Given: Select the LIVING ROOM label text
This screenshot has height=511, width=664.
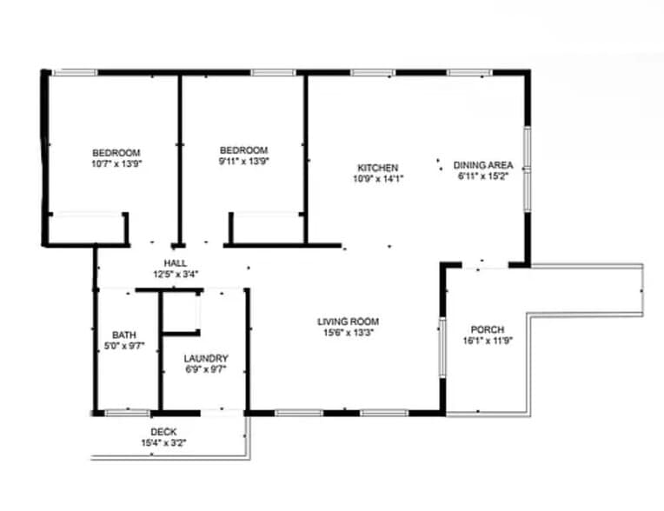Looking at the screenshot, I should [x=348, y=322].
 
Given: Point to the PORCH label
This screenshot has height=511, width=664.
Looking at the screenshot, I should [x=487, y=329].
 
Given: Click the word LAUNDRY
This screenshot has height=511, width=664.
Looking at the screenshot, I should [x=206, y=358].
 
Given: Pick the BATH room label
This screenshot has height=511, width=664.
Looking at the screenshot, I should [x=123, y=335].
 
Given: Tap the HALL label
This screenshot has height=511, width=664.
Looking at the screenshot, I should [x=176, y=264].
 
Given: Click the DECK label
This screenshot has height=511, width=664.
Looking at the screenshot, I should [x=163, y=432].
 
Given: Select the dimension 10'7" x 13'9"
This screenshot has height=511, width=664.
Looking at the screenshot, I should [x=116, y=163].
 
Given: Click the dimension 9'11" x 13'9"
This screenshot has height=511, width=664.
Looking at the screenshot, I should [x=243, y=160].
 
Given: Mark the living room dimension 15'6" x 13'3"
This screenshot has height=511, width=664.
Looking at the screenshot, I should [x=348, y=332].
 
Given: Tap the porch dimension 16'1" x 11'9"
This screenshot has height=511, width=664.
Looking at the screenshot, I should [x=487, y=341].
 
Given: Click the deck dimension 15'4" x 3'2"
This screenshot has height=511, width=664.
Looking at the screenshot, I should [x=163, y=442].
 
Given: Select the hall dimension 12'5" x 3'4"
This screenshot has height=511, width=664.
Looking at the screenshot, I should [x=176, y=275].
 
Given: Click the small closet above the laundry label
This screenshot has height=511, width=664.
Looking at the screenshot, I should [x=182, y=312].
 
